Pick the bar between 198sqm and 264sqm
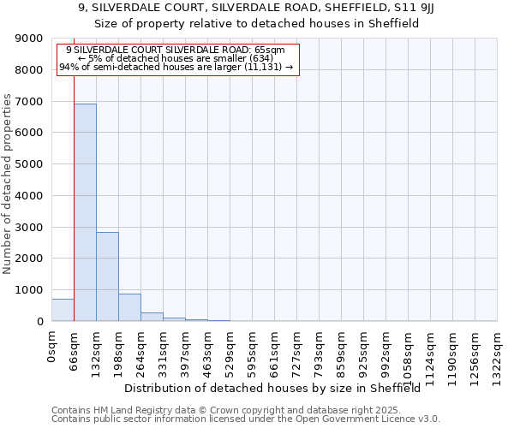[x=129, y=307]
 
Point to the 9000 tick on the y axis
[x=29, y=39]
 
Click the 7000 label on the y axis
[x=29, y=102]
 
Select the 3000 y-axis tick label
[x=29, y=227]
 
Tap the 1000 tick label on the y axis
[x=29, y=290]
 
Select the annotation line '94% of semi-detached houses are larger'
[x=176, y=67]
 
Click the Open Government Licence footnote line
[x=246, y=419]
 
